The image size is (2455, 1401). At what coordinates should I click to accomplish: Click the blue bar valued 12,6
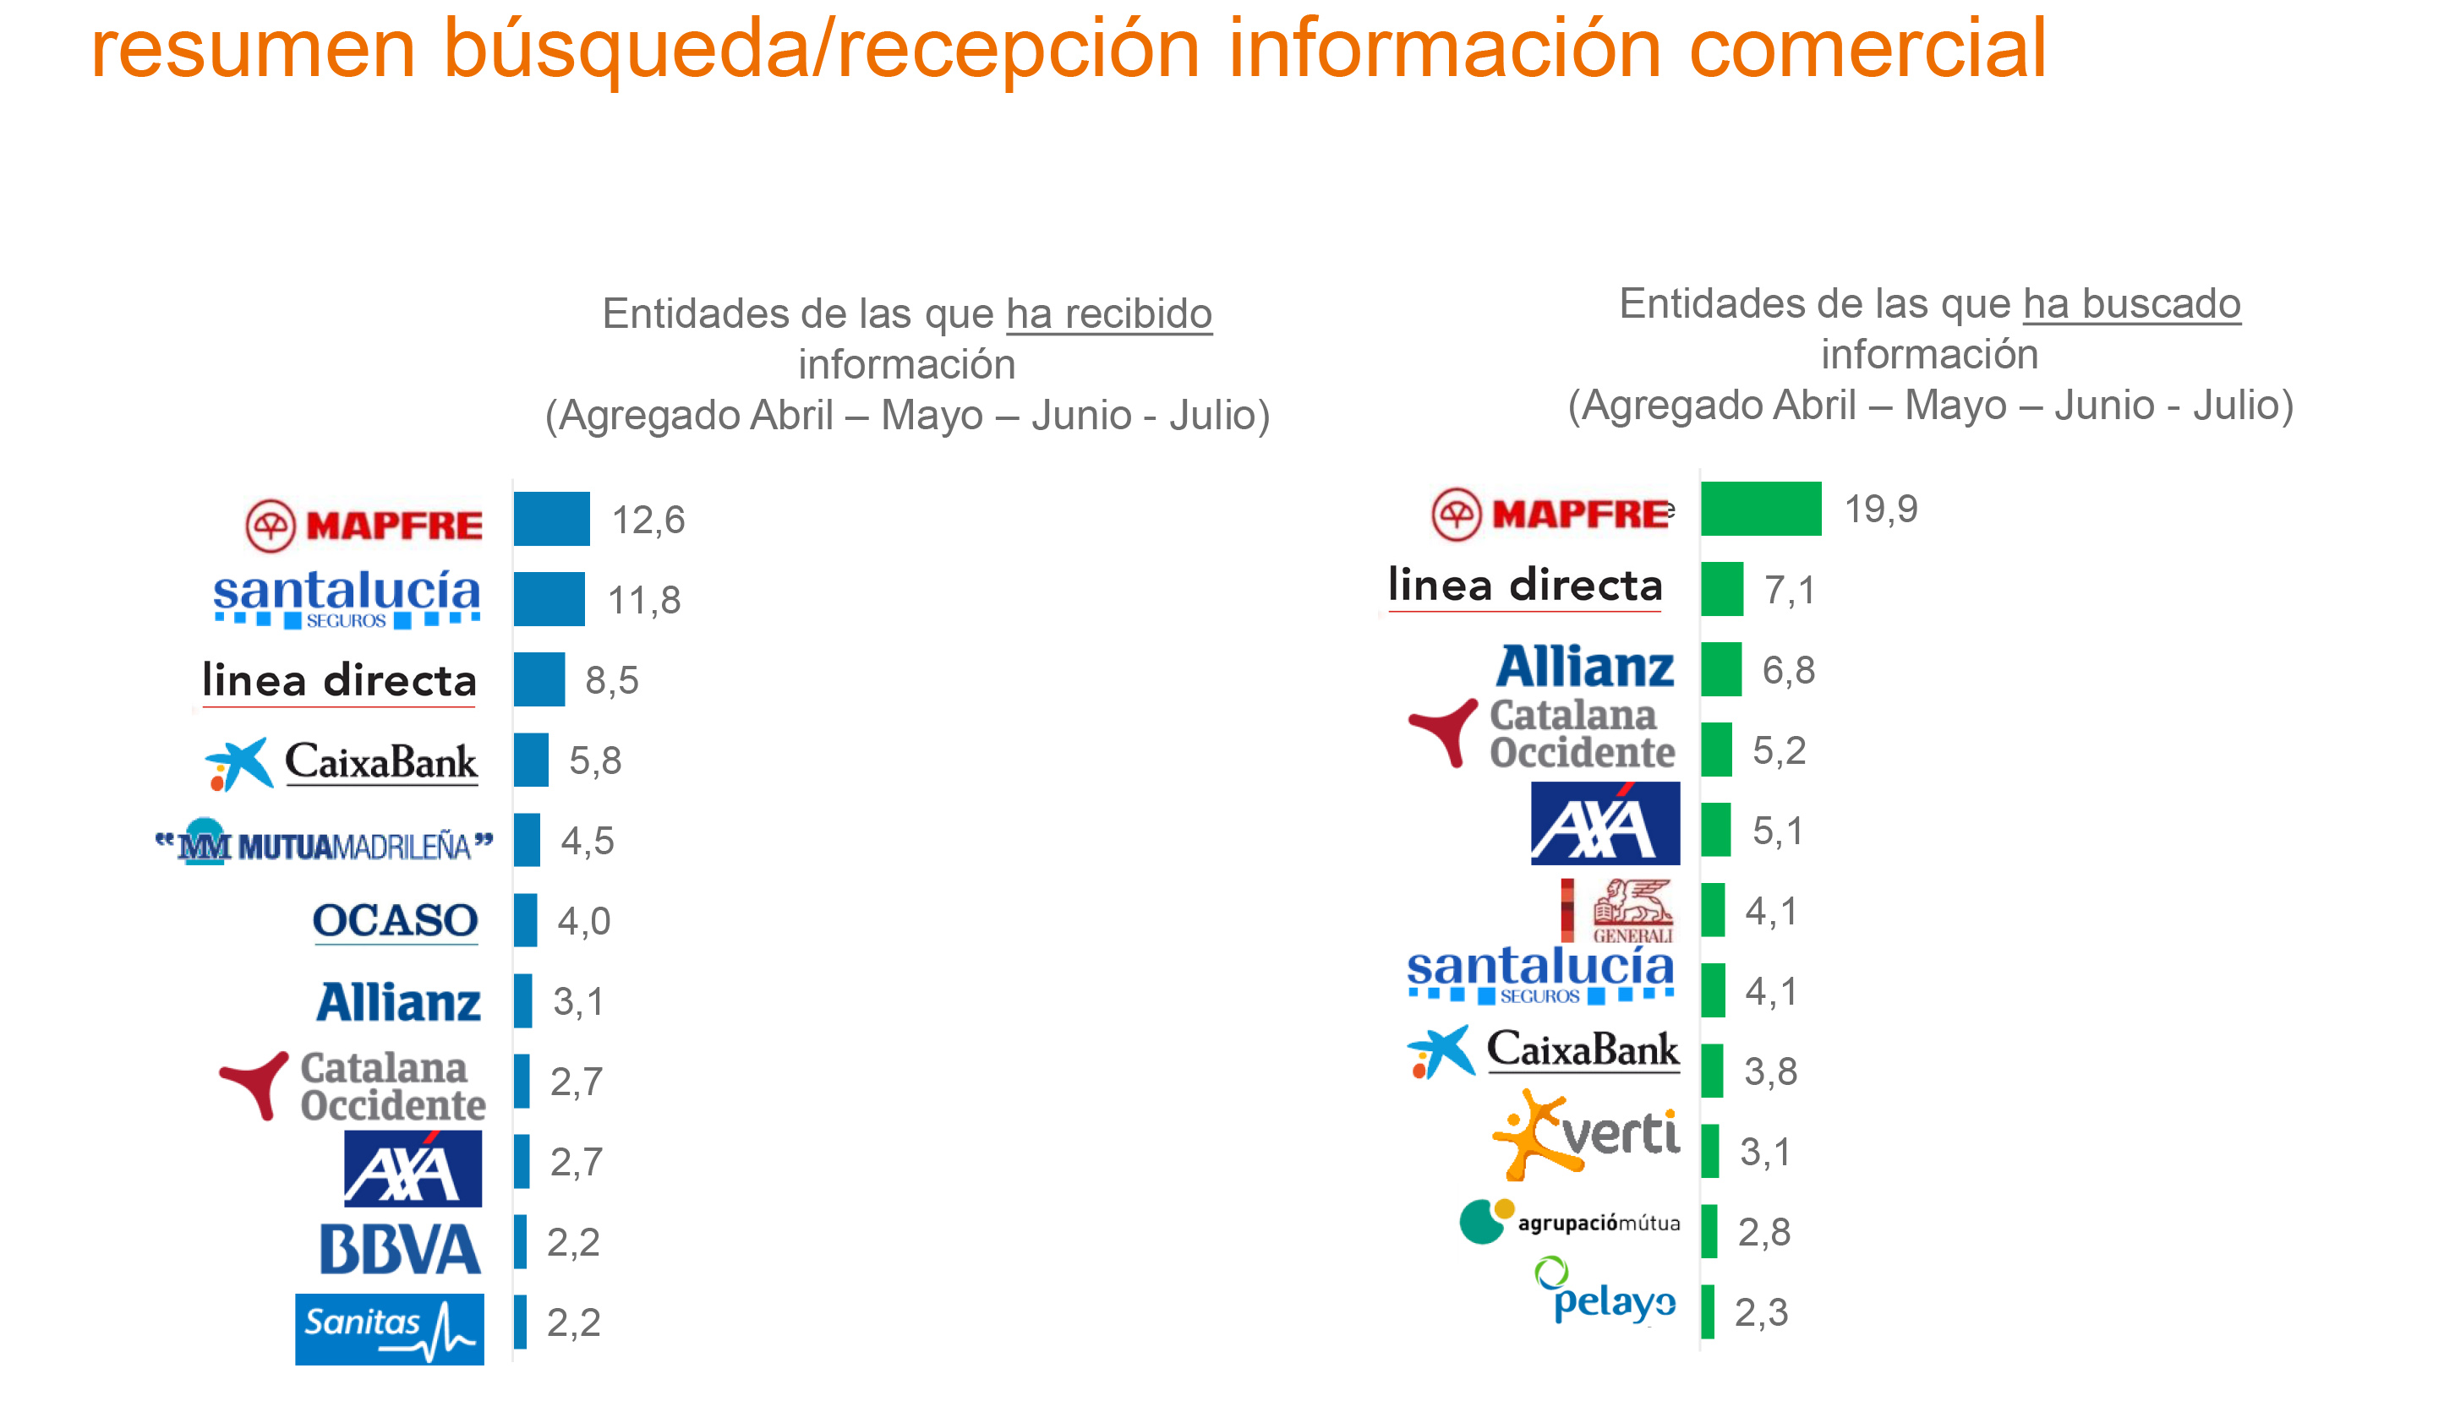click(550, 519)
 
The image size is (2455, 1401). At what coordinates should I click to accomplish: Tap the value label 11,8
click(644, 601)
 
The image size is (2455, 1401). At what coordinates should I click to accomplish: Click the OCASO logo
click(395, 921)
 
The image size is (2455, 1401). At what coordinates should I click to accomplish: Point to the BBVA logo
click(399, 1248)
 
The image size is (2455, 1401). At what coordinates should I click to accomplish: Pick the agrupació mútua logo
click(1569, 1221)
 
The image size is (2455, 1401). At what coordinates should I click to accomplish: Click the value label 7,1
click(1789, 590)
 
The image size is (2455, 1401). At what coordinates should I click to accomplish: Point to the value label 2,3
click(1760, 1312)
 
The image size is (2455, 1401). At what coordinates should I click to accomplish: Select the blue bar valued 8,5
click(539, 679)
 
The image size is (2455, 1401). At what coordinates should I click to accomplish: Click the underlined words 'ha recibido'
click(1108, 313)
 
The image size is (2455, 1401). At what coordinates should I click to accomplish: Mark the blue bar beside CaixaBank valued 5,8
click(530, 760)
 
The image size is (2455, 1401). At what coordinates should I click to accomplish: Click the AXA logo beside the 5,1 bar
click(1605, 824)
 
